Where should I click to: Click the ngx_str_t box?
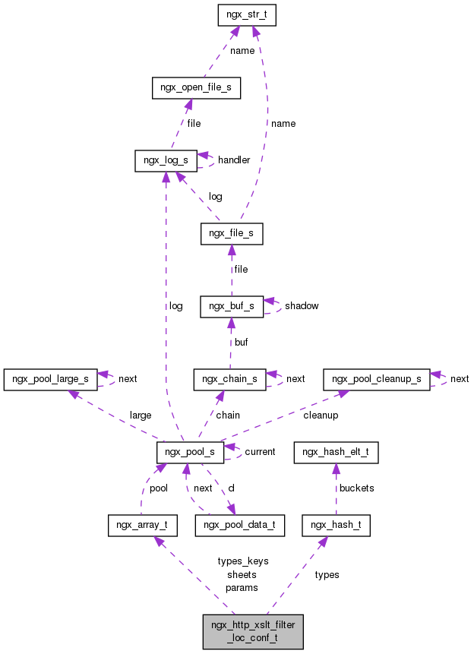coord(245,15)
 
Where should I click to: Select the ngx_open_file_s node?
coord(196,88)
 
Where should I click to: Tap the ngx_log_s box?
coord(166,160)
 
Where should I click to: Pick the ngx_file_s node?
coord(232,234)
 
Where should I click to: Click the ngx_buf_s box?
coord(232,306)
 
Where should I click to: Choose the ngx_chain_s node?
coord(230,378)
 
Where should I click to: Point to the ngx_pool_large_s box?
coord(51,378)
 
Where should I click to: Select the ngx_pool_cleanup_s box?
coord(376,378)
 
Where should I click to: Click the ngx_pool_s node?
coord(190,452)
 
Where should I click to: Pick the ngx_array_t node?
coord(143,525)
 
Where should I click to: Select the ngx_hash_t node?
coord(336,525)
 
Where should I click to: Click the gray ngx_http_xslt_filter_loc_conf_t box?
coord(253,631)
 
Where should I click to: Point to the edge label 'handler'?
coord(234,160)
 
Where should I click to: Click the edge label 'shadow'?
coord(302,306)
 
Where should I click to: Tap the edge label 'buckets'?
coord(356,488)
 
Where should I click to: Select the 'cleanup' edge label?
coord(321,415)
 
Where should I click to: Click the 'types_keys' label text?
coord(242,561)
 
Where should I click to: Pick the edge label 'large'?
coord(140,415)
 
